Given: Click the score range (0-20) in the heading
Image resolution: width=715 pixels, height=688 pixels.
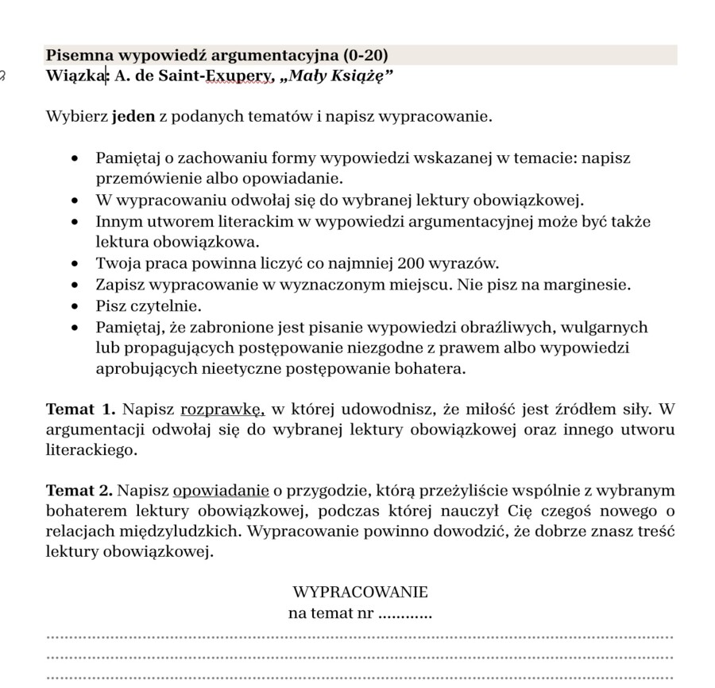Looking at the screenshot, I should [365, 56].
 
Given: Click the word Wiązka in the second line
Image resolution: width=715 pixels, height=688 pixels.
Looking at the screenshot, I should [76, 76].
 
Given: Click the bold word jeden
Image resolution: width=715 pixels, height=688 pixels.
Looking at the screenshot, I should [133, 118].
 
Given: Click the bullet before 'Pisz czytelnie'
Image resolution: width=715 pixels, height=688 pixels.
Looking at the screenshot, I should [75, 306].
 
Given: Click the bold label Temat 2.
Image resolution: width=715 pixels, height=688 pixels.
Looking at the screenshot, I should [79, 490].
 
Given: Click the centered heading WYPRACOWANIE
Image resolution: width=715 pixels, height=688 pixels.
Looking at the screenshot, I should [360, 593].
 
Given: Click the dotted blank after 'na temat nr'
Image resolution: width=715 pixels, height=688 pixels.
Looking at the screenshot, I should [404, 614].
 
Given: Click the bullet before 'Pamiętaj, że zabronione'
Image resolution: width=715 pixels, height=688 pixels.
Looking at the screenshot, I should [75, 328].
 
